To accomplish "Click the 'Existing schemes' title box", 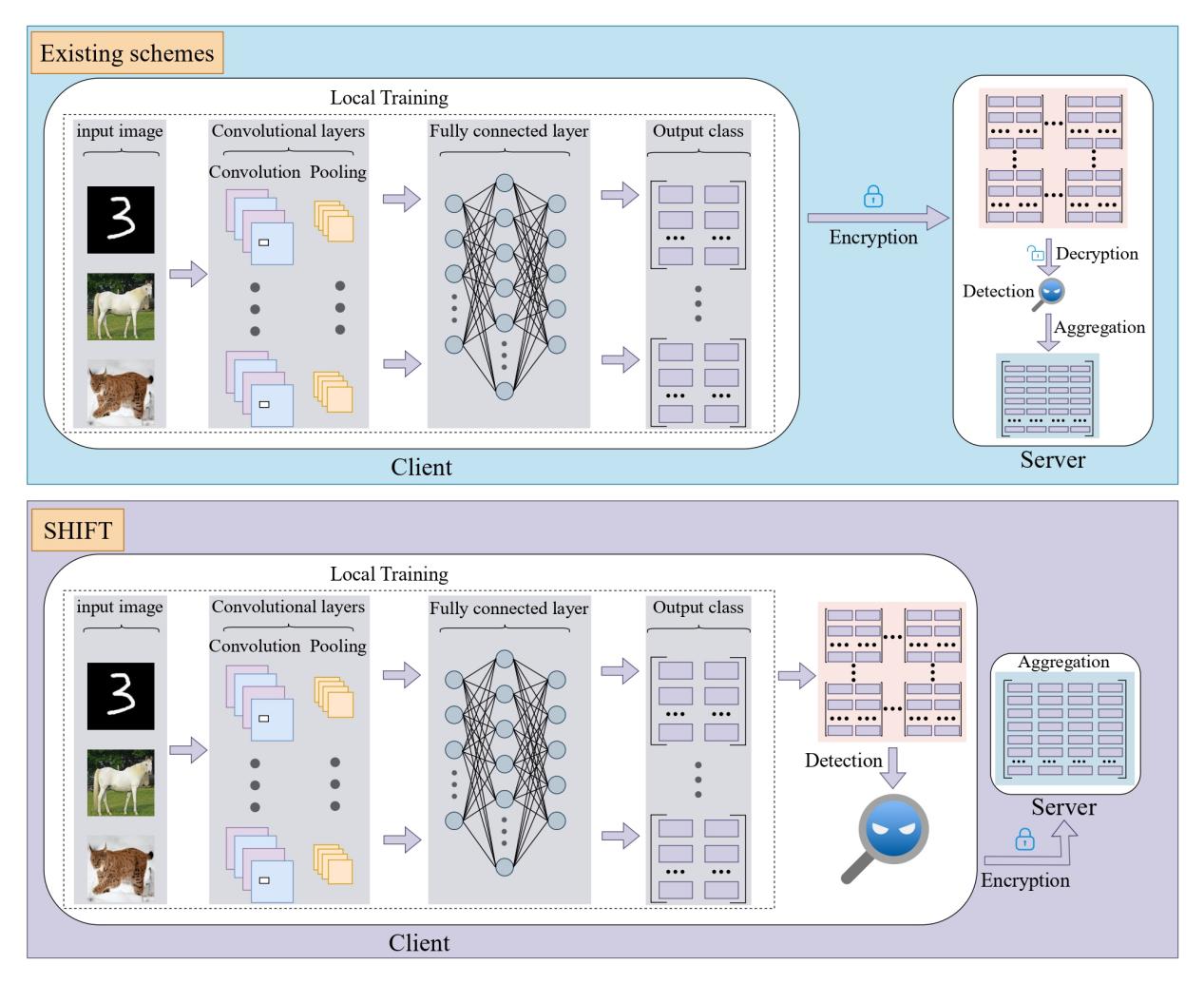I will [x=127, y=53].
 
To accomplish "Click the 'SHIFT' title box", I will [x=78, y=530].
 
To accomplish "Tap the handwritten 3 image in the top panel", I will [x=120, y=220].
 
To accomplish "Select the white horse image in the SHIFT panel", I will [x=120, y=782].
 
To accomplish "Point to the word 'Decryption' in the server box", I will [x=1097, y=254].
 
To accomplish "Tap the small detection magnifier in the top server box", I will [x=1051, y=292].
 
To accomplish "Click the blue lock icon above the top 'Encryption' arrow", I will [x=872, y=197].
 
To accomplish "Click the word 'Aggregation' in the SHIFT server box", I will [x=1063, y=663].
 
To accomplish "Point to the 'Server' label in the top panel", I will [x=1052, y=460].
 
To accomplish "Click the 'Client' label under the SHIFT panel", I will [x=419, y=943].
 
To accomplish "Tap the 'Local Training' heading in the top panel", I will [x=389, y=98].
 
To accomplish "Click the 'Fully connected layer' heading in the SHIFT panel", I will [x=508, y=608].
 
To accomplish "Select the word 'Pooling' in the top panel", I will [x=337, y=172].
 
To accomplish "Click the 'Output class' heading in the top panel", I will [x=698, y=131].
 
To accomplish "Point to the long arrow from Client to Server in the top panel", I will [x=877, y=220].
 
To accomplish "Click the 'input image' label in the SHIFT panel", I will [x=120, y=608].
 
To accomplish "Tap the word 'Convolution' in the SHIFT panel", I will [x=255, y=646].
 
